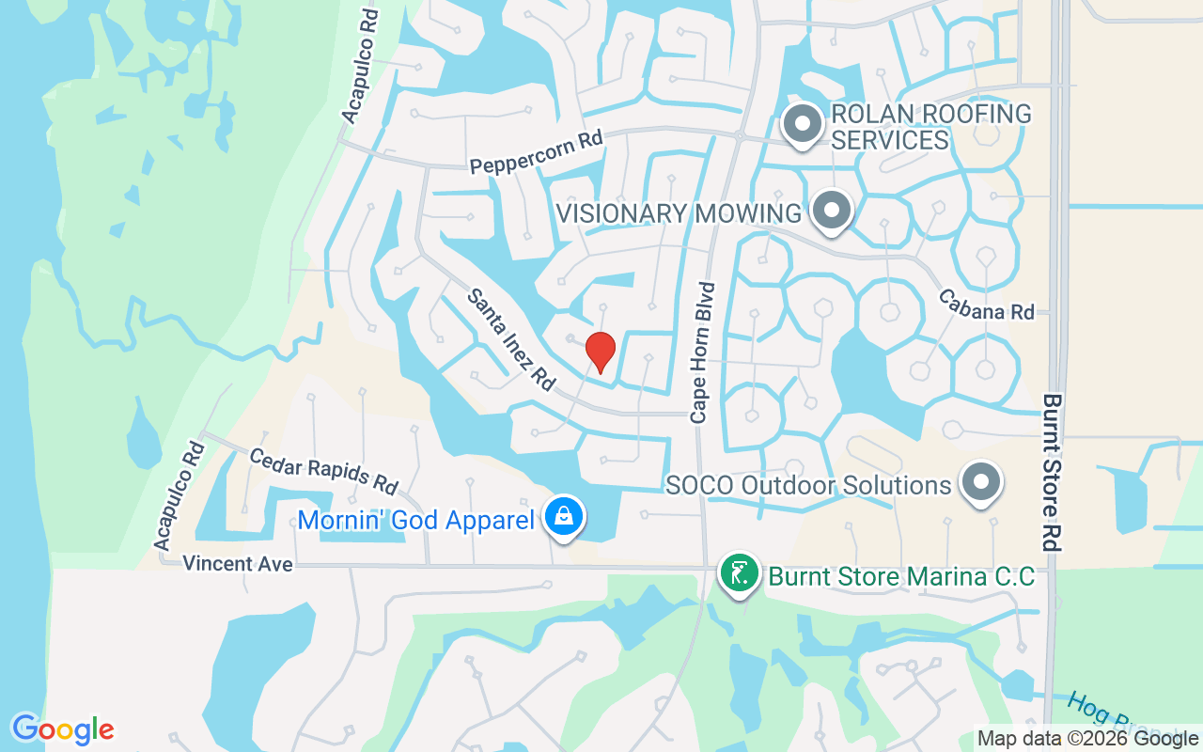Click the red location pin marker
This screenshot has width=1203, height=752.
pos(600,352)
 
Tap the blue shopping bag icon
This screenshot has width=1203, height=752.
pos(563,517)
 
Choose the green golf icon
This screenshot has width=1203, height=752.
pos(740,572)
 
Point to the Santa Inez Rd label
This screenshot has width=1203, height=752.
pos(511,338)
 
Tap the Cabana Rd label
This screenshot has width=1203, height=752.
pos(986,304)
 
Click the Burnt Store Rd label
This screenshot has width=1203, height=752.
pos(1052,472)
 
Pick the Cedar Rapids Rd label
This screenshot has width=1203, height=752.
pos(323,470)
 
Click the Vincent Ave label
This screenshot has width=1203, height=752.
pos(238,564)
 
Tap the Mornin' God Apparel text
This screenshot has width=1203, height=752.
pos(415,520)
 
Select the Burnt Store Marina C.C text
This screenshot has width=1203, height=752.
pos(900,575)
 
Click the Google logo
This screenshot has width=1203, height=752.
pos(63,729)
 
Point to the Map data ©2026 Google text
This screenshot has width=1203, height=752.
pos(1087,739)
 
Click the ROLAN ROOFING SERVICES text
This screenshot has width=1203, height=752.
pos(930,127)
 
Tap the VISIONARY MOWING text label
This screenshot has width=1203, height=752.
pos(679,213)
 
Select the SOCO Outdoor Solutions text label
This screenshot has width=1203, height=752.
pos(808,485)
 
